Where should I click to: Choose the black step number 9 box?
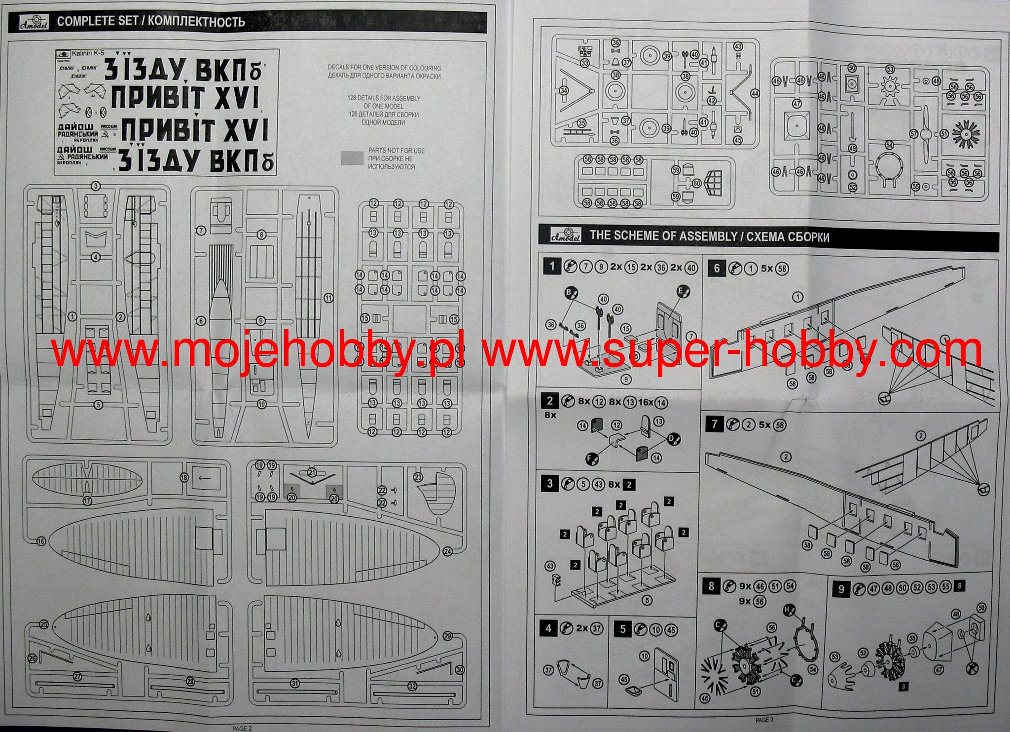click(841, 589)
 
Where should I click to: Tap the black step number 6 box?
click(717, 268)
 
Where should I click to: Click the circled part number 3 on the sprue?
click(96, 186)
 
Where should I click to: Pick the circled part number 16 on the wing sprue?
click(41, 541)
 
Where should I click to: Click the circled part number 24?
click(447, 551)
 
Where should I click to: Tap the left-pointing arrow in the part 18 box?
click(205, 478)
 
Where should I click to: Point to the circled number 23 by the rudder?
click(418, 477)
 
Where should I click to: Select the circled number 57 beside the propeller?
click(913, 134)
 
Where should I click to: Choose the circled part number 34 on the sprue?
click(564, 90)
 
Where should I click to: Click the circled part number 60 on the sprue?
click(697, 183)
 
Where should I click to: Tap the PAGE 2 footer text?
click(242, 728)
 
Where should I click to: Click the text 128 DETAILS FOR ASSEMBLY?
click(384, 98)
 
